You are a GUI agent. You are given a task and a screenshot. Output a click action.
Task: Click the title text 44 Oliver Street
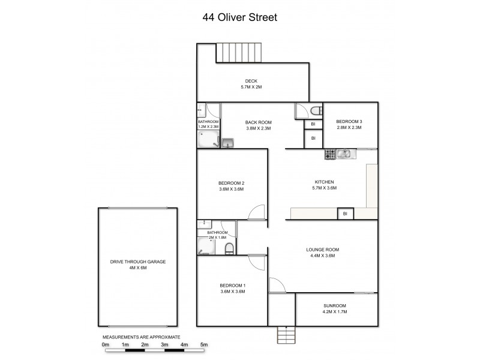tap(239, 17)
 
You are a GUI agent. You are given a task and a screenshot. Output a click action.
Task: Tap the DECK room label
tap(251, 81)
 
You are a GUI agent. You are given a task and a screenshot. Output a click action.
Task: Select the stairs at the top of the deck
tap(239, 52)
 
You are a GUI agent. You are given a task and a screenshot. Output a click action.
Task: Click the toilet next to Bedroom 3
tap(314, 110)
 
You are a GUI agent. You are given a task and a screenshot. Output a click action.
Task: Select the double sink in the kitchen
tap(344, 155)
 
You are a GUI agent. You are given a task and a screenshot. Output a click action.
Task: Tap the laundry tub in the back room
tap(227, 142)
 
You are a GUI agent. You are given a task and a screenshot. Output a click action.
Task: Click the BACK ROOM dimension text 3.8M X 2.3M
tap(258, 128)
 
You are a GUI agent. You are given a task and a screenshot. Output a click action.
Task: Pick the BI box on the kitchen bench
tap(344, 214)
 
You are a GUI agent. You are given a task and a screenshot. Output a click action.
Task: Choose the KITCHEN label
tap(324, 182)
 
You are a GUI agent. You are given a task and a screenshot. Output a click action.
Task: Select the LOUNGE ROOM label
tap(323, 249)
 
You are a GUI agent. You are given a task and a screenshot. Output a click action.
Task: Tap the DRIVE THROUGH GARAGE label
tap(137, 262)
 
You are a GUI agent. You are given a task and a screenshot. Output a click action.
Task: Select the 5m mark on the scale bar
tap(204, 345)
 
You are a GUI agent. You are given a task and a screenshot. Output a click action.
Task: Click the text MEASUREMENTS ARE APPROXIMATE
tap(142, 338)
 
